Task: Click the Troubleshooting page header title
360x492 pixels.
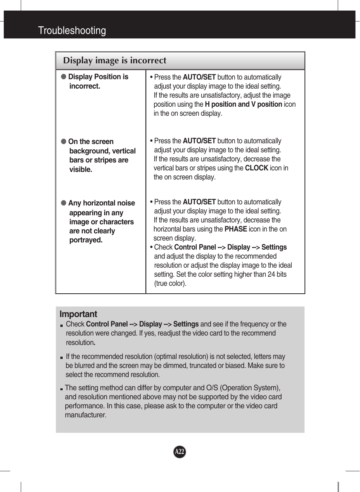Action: coord(72,31)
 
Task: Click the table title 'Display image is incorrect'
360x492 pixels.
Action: coord(114,60)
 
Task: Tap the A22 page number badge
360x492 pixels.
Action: coord(180,452)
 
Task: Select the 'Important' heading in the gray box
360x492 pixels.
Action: coord(78,314)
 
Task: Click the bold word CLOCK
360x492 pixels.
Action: coord(256,168)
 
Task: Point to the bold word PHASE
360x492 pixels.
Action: coord(235,229)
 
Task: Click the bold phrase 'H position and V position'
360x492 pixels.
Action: coord(243,104)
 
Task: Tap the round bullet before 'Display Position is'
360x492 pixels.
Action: coord(64,77)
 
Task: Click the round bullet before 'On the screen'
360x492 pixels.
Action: coord(64,141)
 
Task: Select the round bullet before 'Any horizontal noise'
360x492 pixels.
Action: coord(64,203)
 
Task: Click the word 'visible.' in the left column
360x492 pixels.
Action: coord(81,170)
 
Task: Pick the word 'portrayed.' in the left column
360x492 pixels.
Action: coord(86,240)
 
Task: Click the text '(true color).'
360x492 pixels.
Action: coord(170,284)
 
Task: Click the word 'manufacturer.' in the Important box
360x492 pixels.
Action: coord(86,415)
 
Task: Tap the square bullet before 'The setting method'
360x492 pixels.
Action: coord(61,389)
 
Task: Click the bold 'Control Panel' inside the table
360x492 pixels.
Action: coord(195,247)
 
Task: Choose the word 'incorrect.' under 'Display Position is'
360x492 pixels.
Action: coord(85,86)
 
